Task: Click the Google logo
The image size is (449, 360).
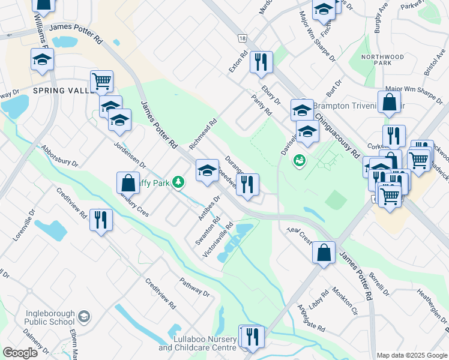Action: pos(20,353)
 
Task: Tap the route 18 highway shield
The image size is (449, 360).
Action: pos(242,38)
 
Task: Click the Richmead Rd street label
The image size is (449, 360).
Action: pos(202,133)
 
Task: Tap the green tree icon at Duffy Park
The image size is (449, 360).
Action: pos(178,181)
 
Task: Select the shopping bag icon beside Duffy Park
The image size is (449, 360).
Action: pos(128,182)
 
